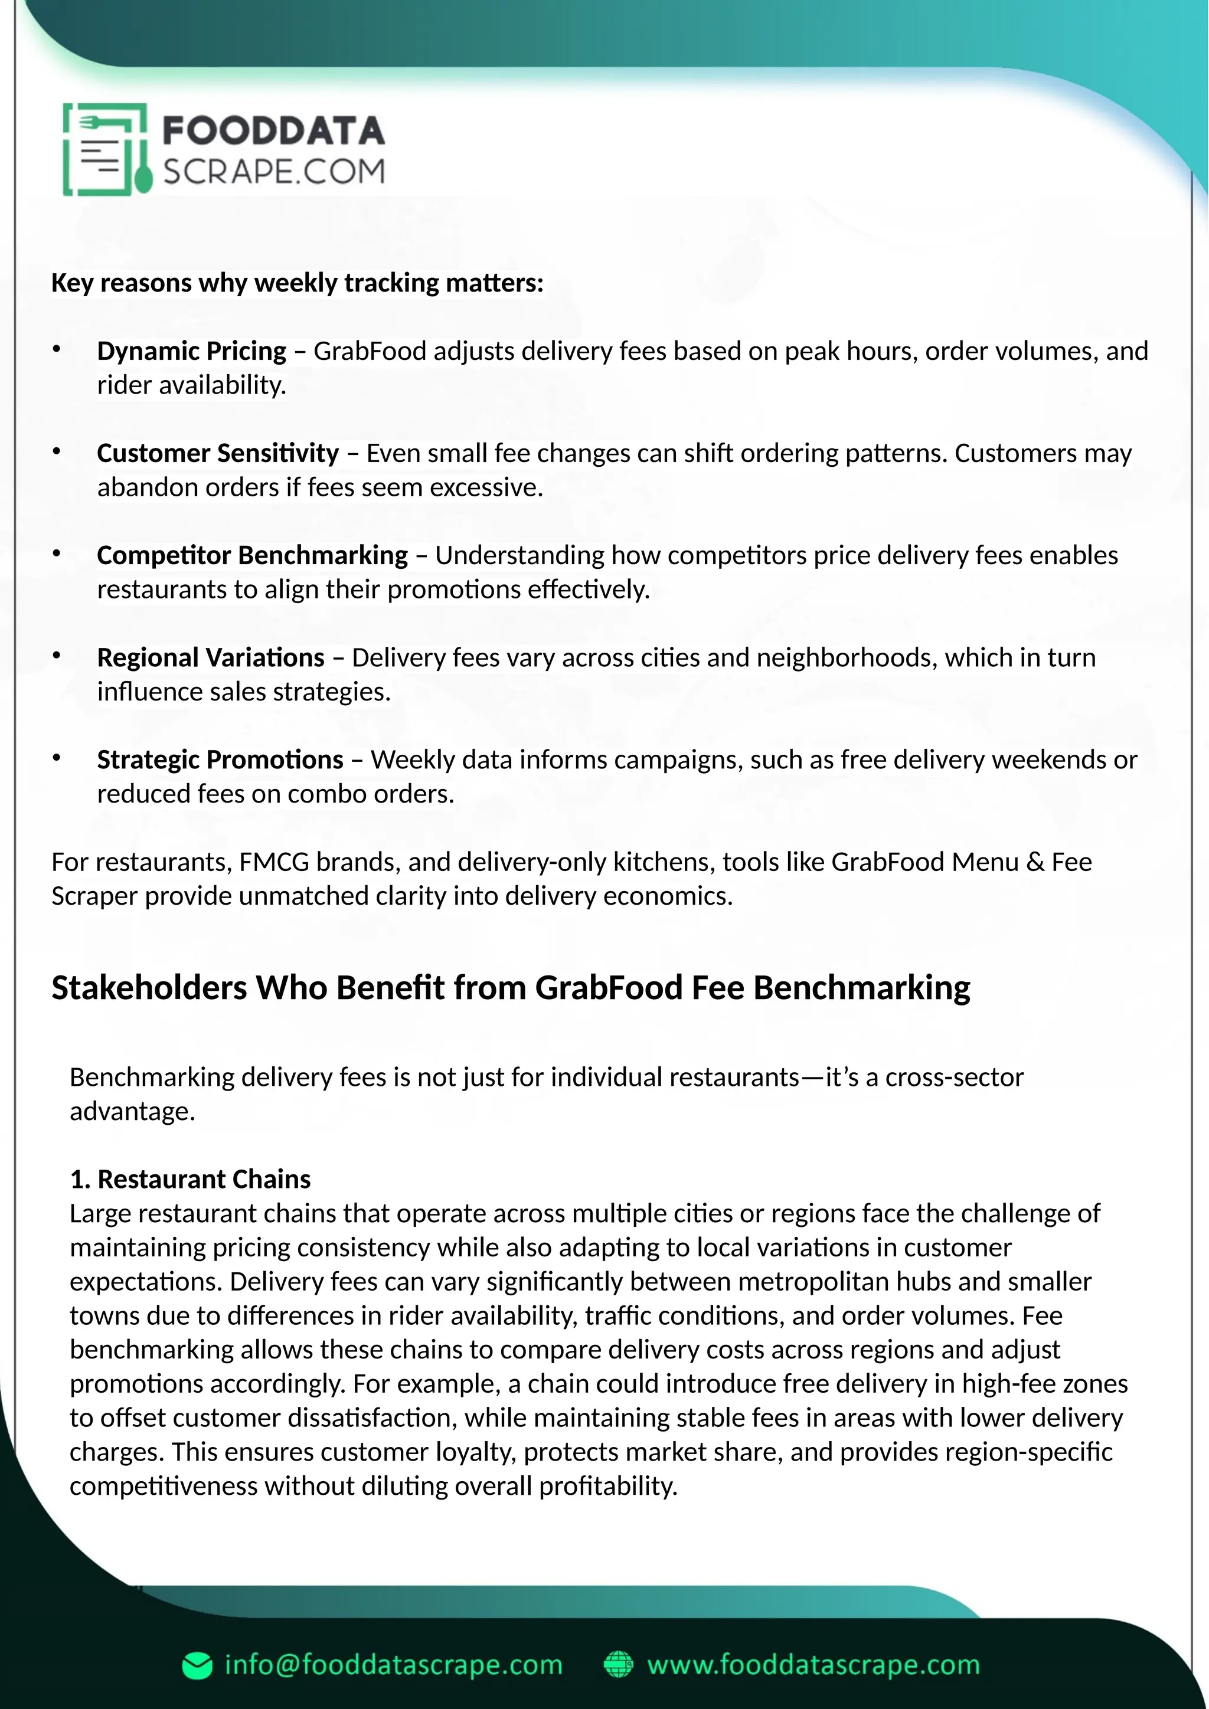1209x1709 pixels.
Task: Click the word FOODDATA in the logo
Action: coord(273,131)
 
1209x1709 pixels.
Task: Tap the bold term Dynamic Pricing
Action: coord(191,351)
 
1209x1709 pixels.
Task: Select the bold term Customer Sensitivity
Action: coord(217,453)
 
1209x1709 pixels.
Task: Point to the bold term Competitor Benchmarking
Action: coord(251,555)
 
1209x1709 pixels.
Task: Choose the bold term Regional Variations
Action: coord(210,657)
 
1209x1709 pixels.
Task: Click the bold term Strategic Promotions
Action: coord(220,759)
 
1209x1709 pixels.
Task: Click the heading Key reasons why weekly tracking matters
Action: coord(297,283)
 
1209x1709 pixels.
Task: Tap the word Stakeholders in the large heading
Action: coord(149,988)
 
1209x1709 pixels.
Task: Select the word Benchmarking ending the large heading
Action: coord(861,988)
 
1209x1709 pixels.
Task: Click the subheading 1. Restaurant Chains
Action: coord(190,1179)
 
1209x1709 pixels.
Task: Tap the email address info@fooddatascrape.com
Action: coord(393,1664)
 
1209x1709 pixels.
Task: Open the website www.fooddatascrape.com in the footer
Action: coord(813,1664)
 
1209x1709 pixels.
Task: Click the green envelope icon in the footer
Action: coord(197,1666)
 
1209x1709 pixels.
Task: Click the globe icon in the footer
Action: coord(618,1664)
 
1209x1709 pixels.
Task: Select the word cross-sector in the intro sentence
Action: coord(953,1077)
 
